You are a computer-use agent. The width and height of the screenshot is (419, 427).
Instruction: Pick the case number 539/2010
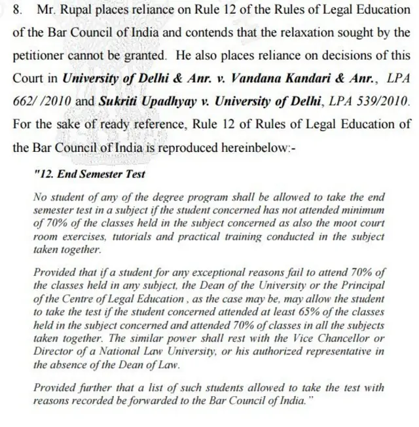coord(384,101)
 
